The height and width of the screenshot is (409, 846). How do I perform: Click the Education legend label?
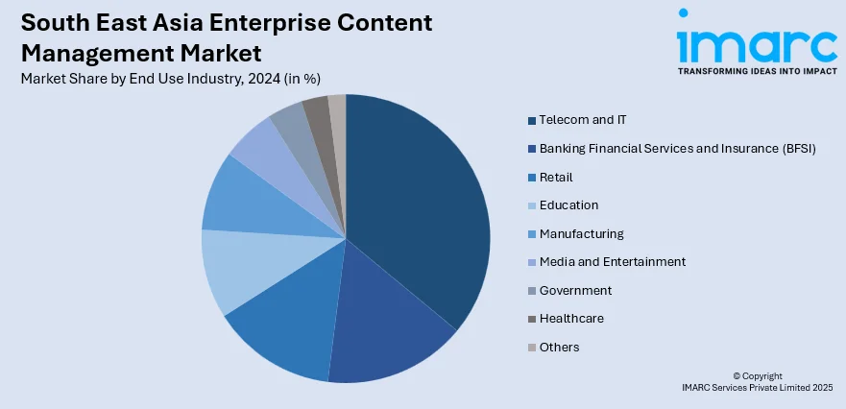[568, 204]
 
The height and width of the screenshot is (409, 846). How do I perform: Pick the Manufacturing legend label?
[581, 233]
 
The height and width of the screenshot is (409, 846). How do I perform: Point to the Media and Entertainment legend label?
[612, 261]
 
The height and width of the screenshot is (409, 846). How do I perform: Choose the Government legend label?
[575, 290]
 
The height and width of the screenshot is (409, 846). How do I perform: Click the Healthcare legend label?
[571, 318]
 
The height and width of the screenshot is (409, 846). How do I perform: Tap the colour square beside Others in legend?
[531, 347]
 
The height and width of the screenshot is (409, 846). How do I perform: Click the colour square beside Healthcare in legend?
[531, 319]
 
